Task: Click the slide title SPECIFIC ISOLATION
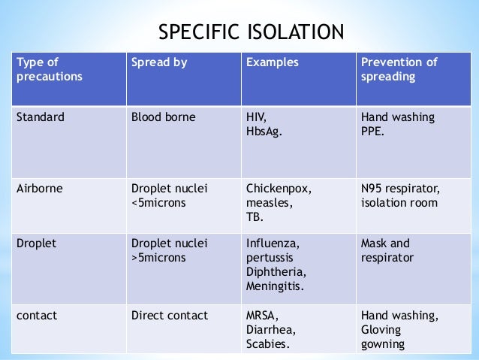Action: point(250,32)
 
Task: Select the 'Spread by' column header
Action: point(159,62)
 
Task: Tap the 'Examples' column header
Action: point(272,62)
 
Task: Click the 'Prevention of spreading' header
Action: point(399,69)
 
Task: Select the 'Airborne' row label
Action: point(39,188)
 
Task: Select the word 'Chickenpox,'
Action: point(278,188)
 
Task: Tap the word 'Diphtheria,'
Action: point(275,272)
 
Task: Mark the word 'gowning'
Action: point(383,345)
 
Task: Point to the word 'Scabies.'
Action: point(267,345)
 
